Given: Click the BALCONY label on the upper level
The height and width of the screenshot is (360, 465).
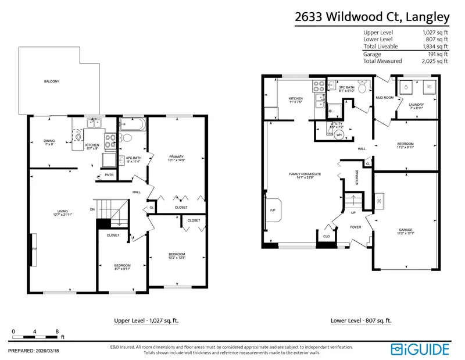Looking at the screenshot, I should [x=52, y=81].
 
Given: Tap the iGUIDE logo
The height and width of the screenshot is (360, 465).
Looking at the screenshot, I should [x=420, y=349].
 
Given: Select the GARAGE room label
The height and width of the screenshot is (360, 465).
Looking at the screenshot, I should [x=406, y=231].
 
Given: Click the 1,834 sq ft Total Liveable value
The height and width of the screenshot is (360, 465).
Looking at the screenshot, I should [x=435, y=46].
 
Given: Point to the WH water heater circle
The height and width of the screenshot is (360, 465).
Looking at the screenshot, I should [x=339, y=134].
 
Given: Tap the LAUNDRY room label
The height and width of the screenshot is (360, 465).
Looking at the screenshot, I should [x=417, y=105].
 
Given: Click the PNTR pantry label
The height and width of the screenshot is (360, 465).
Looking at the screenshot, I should [x=109, y=175].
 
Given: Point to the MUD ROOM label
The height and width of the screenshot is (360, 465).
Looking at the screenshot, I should [x=385, y=98].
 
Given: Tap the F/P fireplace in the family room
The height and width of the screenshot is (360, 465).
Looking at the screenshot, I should [x=273, y=211].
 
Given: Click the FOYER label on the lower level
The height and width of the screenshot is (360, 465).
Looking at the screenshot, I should [x=356, y=227].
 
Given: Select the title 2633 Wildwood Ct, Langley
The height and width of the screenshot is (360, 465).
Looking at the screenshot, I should [x=372, y=17].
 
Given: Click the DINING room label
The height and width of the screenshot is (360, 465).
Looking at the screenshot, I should [x=49, y=141].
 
